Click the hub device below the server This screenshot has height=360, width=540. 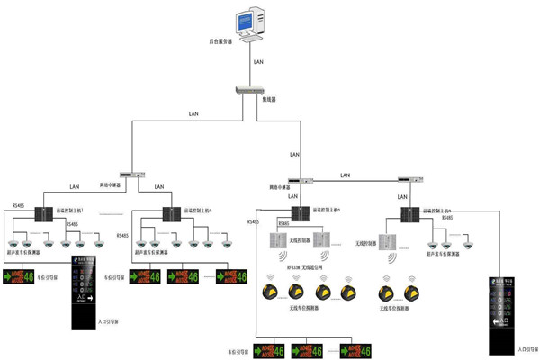[246, 90]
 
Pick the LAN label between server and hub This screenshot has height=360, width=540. [260, 64]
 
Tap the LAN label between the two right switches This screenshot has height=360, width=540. [346, 173]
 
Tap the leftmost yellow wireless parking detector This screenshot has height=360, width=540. [267, 292]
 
